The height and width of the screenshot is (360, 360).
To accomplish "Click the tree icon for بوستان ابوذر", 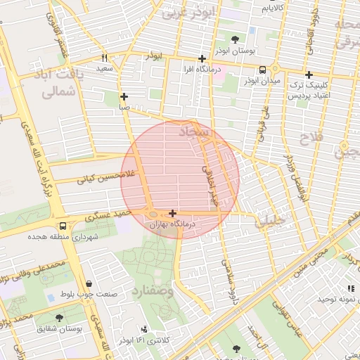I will click(235, 39).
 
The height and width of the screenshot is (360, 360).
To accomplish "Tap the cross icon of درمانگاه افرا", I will click(202, 59).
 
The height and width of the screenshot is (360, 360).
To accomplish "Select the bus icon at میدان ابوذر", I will click(262, 70).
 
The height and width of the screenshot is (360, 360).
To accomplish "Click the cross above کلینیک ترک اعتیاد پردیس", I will click(308, 75).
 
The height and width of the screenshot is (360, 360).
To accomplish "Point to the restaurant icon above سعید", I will click(105, 58).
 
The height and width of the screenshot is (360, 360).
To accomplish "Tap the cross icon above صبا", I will click(124, 97).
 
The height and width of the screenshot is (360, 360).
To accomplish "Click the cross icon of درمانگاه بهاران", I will click(172, 213).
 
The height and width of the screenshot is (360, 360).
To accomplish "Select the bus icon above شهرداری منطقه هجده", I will click(63, 226).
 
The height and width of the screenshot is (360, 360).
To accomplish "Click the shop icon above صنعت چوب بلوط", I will click(89, 283).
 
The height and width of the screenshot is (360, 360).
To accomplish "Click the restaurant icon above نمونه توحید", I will click(349, 288).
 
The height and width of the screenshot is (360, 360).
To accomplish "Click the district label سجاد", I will click(193, 131).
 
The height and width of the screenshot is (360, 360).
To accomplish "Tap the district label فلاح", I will click(314, 138).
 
